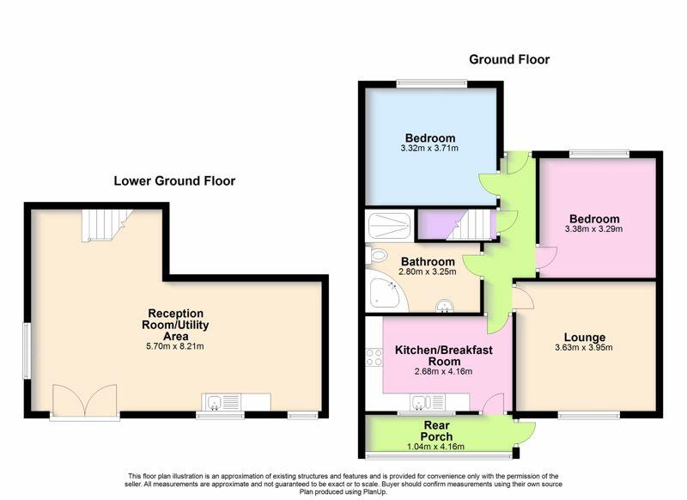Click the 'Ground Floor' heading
509,59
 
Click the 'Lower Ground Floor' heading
174,180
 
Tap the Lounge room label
585,337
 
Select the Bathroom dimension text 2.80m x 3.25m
427,271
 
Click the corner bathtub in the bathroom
385,290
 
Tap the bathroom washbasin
445,306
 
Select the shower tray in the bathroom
389,226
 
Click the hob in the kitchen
374,357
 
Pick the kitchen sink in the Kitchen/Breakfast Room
427,402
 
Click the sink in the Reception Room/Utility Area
222,402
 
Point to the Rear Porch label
436,430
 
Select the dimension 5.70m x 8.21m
175,346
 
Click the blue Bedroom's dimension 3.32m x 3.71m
429,148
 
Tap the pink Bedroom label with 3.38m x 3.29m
594,219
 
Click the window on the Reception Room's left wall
27,351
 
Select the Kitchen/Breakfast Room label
444,356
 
